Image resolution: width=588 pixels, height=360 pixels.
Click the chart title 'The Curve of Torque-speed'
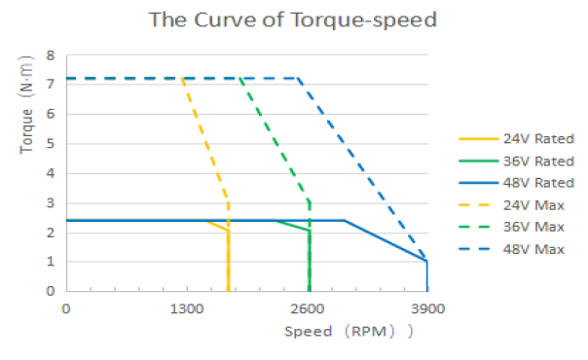click(293, 19)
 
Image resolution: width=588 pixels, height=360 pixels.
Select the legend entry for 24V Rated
click(516, 138)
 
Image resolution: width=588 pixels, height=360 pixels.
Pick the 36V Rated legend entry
click(516, 162)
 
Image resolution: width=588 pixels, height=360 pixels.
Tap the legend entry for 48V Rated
click(516, 183)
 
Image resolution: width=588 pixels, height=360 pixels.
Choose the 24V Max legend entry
click(511, 205)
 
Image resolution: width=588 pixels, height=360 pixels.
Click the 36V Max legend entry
click(511, 227)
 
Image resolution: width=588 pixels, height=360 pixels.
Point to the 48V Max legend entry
click(511, 249)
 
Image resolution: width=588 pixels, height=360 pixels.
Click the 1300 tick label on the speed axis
click(187, 309)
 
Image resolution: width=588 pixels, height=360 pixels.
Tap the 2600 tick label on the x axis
click(308, 309)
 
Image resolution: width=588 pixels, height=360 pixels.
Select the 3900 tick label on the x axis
click(428, 309)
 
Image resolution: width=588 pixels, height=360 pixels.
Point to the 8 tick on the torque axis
click(51, 55)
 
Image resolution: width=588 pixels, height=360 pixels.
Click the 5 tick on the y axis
click(51, 143)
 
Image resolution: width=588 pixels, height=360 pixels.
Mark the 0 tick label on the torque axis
click(51, 291)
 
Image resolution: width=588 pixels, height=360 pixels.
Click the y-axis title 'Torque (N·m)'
click(26, 104)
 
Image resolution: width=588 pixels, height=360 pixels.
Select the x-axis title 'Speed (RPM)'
click(349, 332)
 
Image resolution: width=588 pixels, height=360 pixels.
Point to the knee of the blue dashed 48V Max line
click(298, 78)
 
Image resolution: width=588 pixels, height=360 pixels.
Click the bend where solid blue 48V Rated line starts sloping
click(345, 220)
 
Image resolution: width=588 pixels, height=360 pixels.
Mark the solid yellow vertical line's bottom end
click(228, 290)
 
